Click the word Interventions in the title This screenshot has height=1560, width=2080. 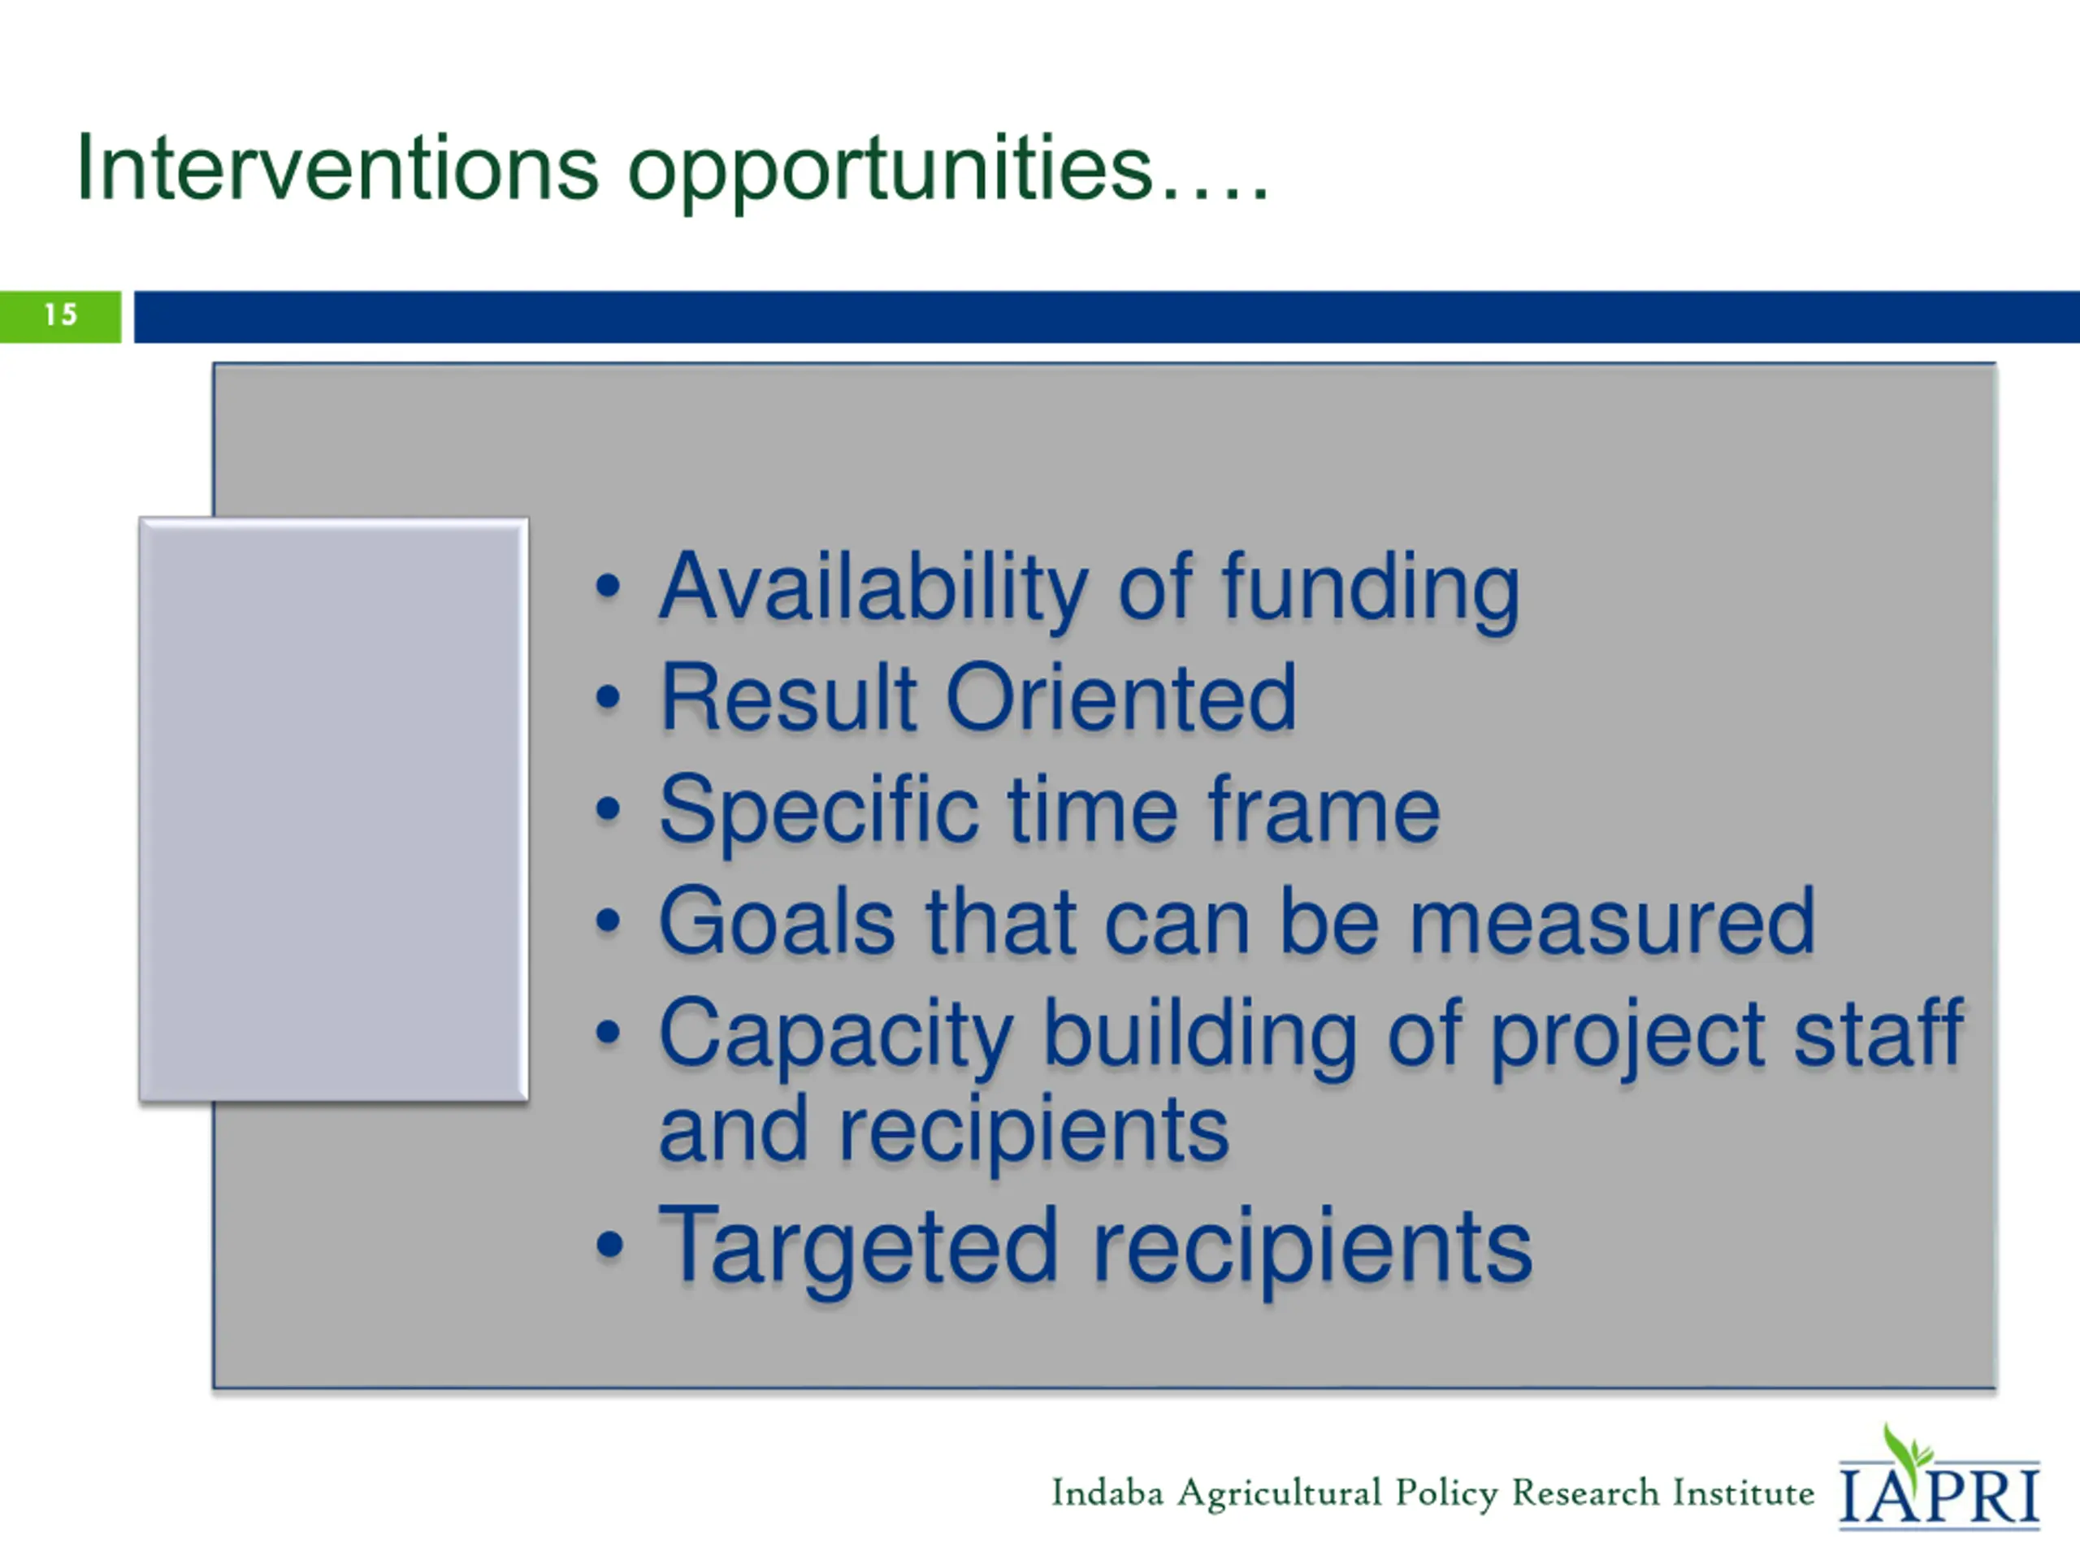(337, 168)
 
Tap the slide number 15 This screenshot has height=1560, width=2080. (61, 315)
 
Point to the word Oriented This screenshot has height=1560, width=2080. (1121, 697)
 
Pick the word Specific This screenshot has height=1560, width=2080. (818, 811)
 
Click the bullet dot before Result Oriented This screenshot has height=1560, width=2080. (609, 698)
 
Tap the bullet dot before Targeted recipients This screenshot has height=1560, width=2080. (609, 1245)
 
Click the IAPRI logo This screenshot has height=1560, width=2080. (1939, 1479)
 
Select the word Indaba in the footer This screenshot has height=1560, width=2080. (1107, 1493)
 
